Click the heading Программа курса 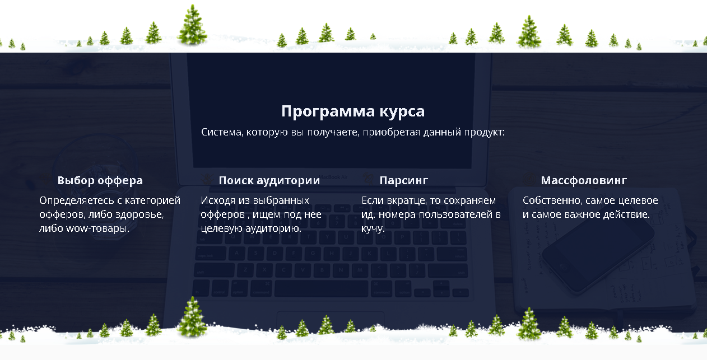(x=353, y=111)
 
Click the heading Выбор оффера (x=100, y=180)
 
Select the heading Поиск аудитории (x=269, y=180)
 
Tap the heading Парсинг (x=403, y=180)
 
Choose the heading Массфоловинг (x=584, y=180)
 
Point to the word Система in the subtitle (x=222, y=133)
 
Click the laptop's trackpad (x=331, y=320)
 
